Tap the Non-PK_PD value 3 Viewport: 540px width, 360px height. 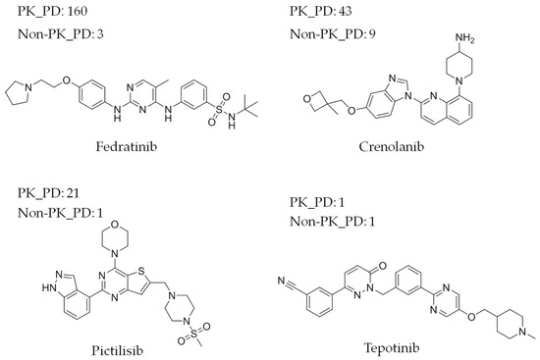(x=100, y=36)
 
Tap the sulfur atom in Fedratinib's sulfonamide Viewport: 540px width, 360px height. (x=205, y=98)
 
